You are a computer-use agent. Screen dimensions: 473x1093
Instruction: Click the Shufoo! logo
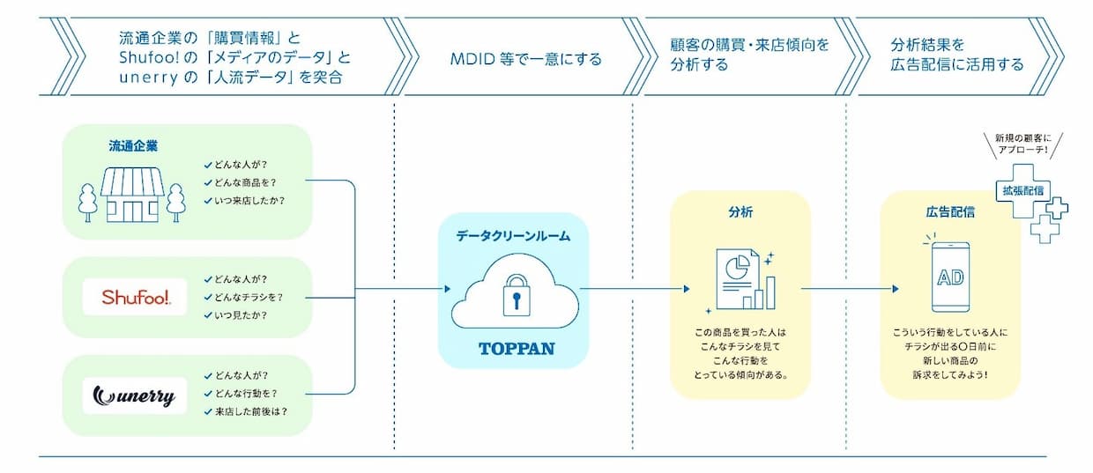[x=135, y=297]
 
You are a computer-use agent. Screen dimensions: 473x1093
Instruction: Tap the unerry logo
[x=135, y=395]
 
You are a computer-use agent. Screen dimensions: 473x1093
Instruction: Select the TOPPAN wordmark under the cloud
[x=517, y=348]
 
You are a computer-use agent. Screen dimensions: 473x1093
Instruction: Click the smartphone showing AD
[x=949, y=277]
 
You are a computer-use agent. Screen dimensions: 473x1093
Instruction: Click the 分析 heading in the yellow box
[x=740, y=212]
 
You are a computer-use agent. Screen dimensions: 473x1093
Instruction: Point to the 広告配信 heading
[x=949, y=212]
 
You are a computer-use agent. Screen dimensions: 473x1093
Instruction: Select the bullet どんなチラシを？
[x=248, y=297]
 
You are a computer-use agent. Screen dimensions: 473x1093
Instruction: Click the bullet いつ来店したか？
[x=249, y=200]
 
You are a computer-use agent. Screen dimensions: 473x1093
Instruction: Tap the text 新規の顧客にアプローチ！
[x=1022, y=143]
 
